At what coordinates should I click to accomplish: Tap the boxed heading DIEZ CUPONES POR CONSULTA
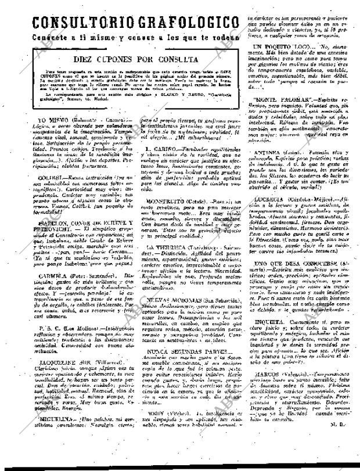(135, 59)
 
